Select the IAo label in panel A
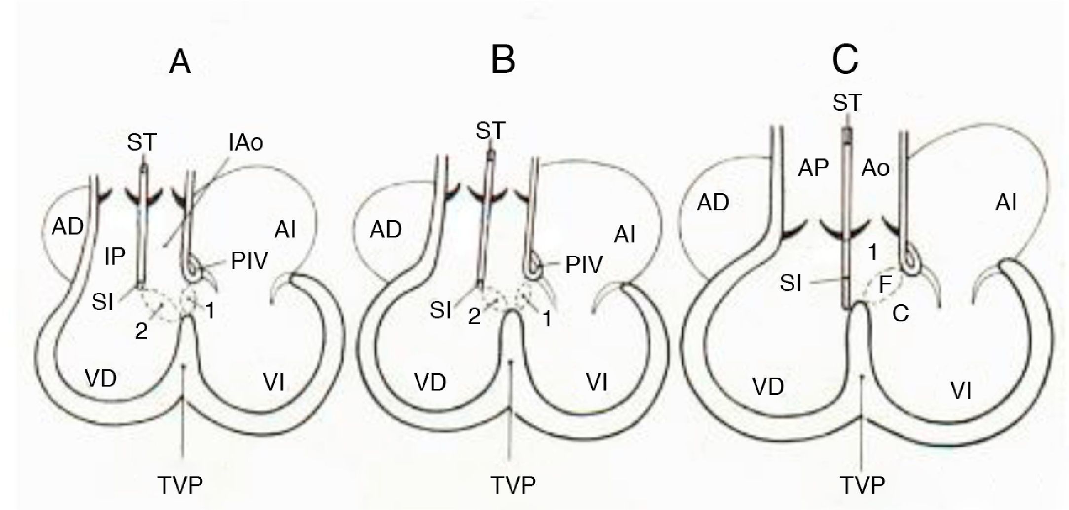click(246, 143)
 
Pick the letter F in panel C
click(885, 285)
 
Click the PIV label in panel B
click(584, 265)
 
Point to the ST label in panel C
click(847, 103)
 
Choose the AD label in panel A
click(68, 227)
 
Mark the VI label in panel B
click(596, 383)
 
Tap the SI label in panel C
click(790, 284)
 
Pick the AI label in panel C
click(1006, 203)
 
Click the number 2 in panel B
click(474, 316)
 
